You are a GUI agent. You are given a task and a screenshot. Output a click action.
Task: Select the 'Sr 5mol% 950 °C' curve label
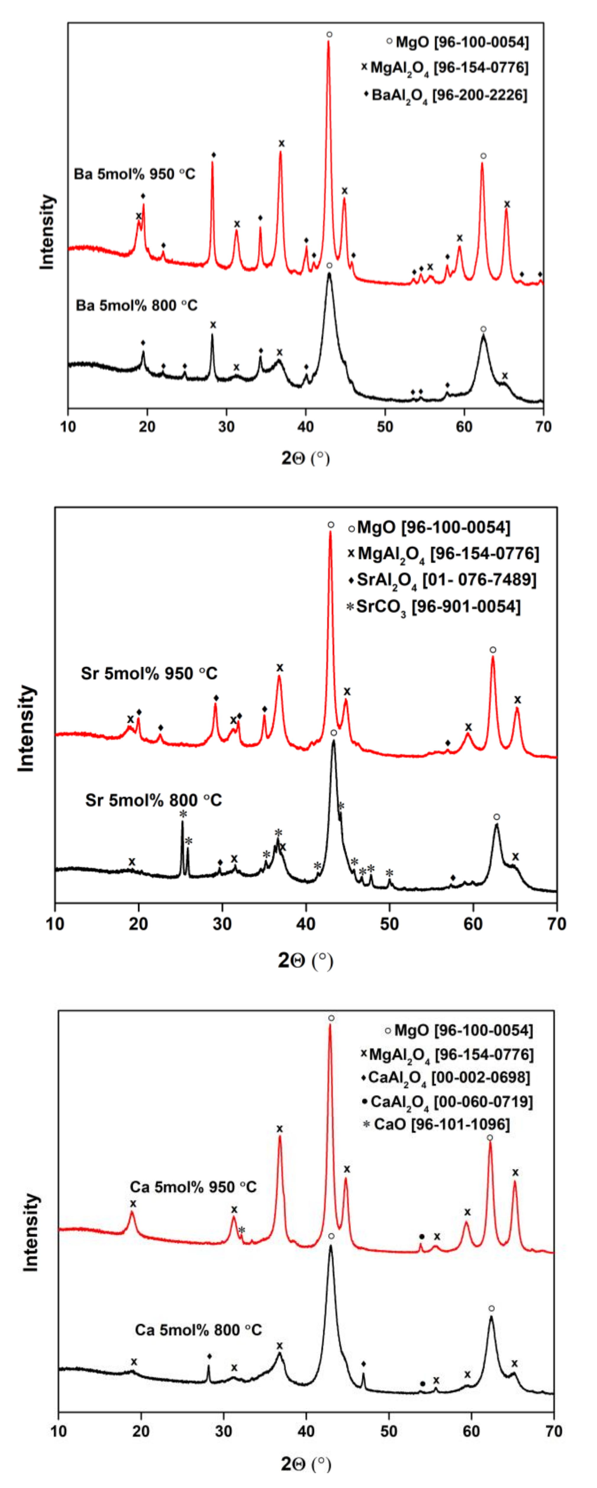pyautogui.click(x=149, y=673)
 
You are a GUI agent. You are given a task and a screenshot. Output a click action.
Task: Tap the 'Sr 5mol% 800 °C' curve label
pyautogui.click(x=153, y=800)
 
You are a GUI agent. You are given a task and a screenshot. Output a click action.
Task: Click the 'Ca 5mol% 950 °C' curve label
pyautogui.click(x=193, y=1187)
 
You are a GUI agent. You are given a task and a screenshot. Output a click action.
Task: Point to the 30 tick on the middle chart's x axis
pyautogui.click(x=222, y=923)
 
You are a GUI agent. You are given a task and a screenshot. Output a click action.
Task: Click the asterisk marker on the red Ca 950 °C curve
pyautogui.click(x=242, y=1230)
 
